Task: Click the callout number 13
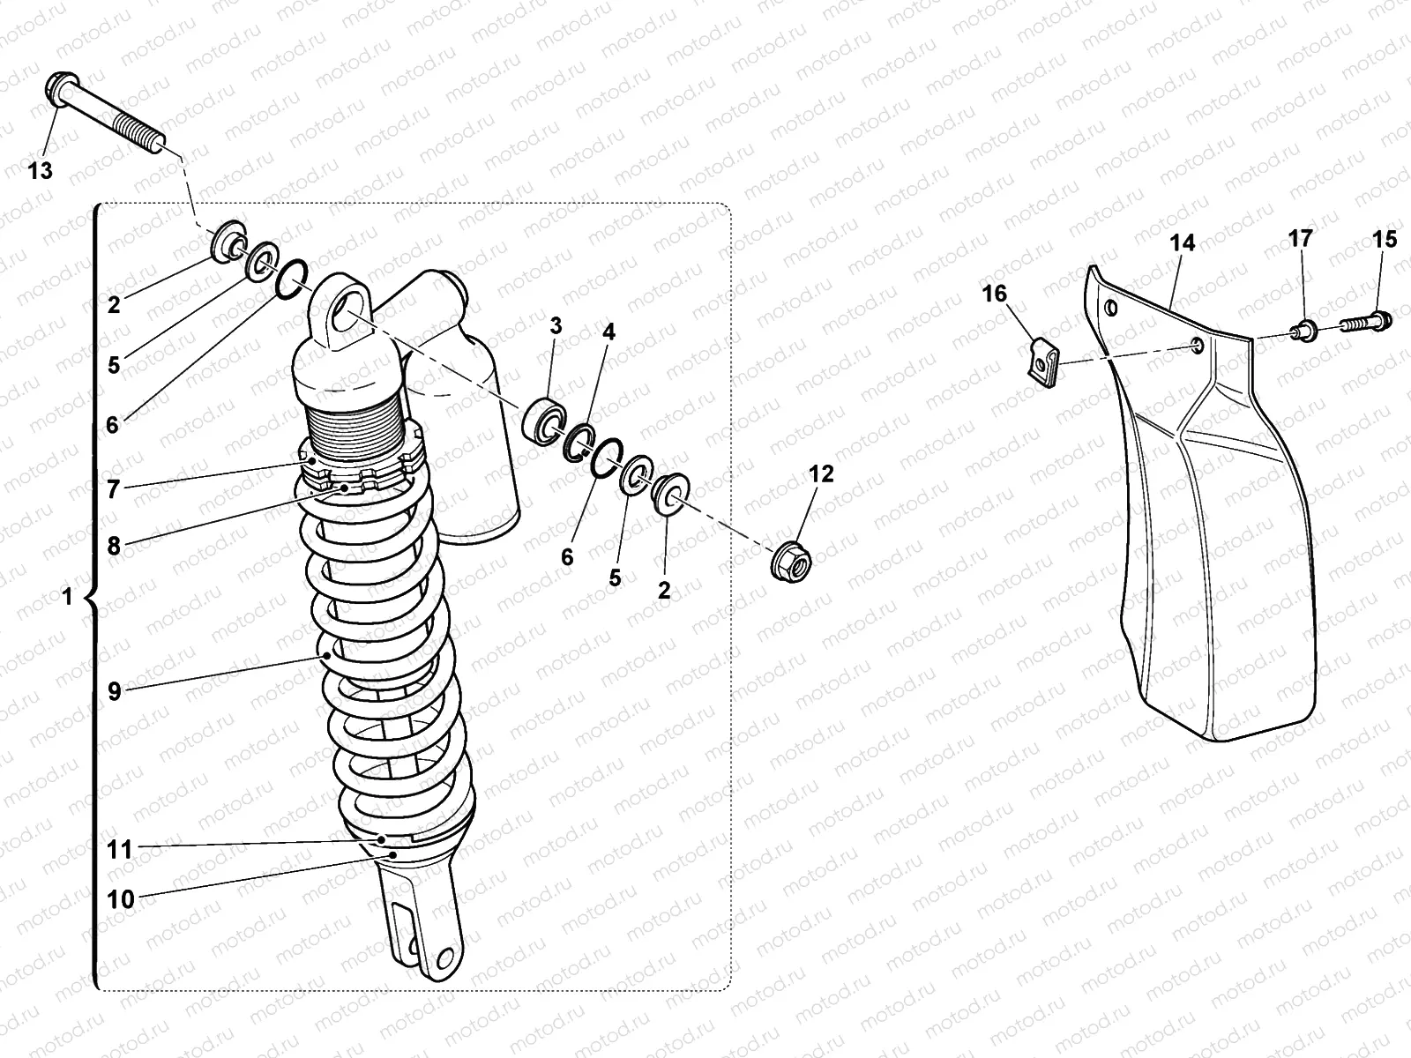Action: pos(41,170)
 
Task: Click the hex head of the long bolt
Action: pos(56,89)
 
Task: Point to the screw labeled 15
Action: pos(1365,322)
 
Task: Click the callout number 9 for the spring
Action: pos(114,691)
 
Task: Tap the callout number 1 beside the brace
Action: pos(67,597)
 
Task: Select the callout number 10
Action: pos(120,899)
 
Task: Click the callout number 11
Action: pos(120,849)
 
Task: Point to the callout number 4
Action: pos(608,332)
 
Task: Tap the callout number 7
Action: pos(113,489)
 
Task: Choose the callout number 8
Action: pos(114,546)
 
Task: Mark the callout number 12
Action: pos(820,473)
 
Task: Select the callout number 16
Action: pos(994,293)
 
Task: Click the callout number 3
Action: pos(555,325)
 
